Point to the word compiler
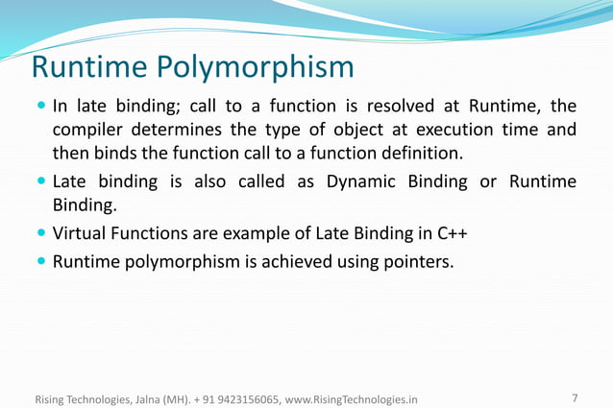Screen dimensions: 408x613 click(x=87, y=130)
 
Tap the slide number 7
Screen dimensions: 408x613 click(x=574, y=397)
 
